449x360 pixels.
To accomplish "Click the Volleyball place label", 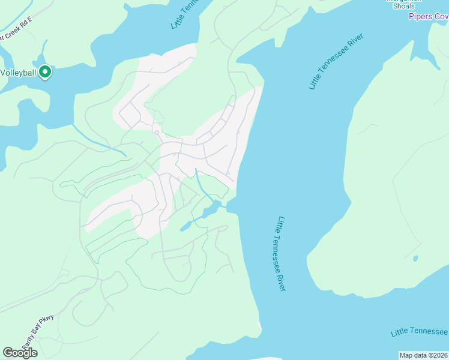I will (19, 73).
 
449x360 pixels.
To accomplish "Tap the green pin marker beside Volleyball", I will (45, 73).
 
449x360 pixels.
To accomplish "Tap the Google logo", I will (20, 353).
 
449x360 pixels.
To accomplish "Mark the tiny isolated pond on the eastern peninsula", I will (415, 259).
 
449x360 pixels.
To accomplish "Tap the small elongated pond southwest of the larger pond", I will (185, 226).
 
